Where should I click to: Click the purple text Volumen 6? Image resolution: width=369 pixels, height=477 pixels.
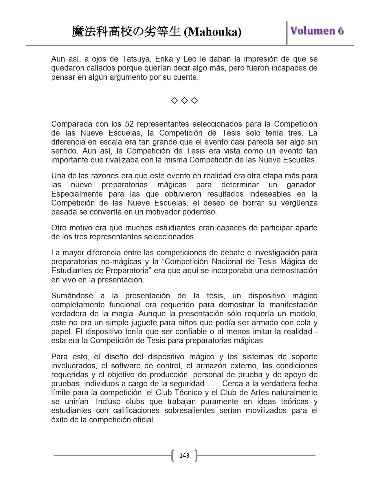point(317,31)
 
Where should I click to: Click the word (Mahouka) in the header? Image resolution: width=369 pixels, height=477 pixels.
point(213,32)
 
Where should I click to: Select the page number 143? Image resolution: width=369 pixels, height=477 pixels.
point(184,456)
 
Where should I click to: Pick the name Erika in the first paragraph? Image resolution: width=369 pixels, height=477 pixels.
point(164,59)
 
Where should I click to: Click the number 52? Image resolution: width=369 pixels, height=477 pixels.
point(129,124)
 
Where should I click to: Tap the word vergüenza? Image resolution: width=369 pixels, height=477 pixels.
point(301,203)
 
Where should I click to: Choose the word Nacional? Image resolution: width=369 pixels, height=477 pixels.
point(230,262)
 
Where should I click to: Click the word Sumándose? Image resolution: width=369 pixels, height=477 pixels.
point(72,296)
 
